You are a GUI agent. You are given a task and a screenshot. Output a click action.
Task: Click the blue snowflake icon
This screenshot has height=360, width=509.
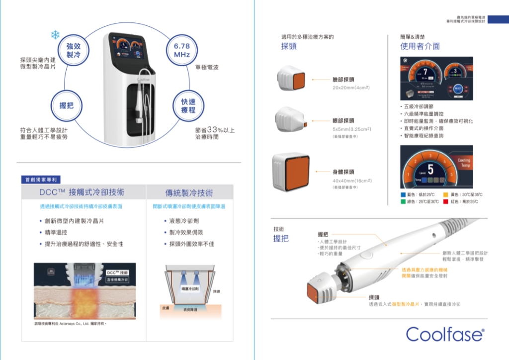(55, 35)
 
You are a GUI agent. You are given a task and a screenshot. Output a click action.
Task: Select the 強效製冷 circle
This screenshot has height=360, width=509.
(73, 50)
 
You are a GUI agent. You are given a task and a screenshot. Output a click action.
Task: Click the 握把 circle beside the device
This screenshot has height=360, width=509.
(66, 105)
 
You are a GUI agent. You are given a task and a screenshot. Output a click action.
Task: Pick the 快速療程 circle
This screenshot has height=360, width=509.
(188, 105)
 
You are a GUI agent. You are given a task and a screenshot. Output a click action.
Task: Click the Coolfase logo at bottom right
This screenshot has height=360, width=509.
(445, 334)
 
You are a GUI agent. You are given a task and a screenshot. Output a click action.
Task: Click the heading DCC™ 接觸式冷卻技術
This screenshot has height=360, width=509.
(82, 192)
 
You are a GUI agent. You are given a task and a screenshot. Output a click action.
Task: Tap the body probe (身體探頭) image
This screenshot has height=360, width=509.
(291, 171)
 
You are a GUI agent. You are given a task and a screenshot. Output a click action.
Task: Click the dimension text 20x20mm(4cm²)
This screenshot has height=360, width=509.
(351, 88)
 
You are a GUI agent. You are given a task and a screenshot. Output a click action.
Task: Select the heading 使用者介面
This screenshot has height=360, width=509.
(420, 46)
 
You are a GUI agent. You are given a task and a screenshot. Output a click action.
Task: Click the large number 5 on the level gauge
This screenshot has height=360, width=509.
(430, 170)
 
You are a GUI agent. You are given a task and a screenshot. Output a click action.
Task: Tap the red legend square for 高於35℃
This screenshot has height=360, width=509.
(446, 201)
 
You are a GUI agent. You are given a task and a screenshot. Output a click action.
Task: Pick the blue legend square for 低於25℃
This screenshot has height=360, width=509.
(404, 194)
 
